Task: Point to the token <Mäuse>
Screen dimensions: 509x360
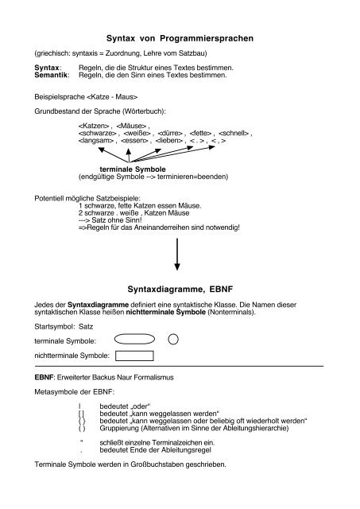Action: click(131, 126)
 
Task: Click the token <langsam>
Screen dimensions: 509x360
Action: click(96, 142)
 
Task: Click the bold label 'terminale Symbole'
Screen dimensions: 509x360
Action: click(131, 169)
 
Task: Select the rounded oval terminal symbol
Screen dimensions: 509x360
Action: click(134, 338)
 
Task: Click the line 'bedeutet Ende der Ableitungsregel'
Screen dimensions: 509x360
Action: click(150, 450)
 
